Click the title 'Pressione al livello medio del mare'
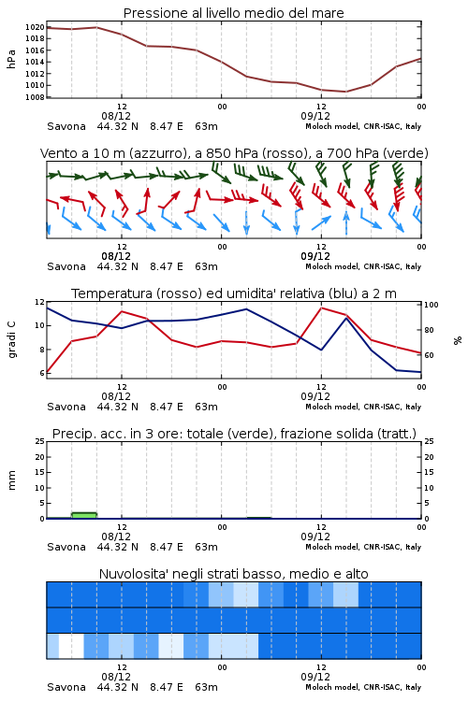click(233, 13)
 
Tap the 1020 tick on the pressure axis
click(35, 27)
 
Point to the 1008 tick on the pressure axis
click(35, 97)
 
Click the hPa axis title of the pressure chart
click(11, 59)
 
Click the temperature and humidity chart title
click(234, 293)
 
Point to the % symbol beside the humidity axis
click(458, 340)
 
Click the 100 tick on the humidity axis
click(431, 305)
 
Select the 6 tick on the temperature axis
click(42, 373)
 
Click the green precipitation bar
click(84, 515)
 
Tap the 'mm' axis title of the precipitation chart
click(11, 480)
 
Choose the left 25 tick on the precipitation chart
click(40, 441)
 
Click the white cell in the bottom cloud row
click(72, 646)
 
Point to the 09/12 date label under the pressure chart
click(315, 116)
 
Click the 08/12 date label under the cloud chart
click(116, 677)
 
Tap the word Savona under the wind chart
click(66, 266)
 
